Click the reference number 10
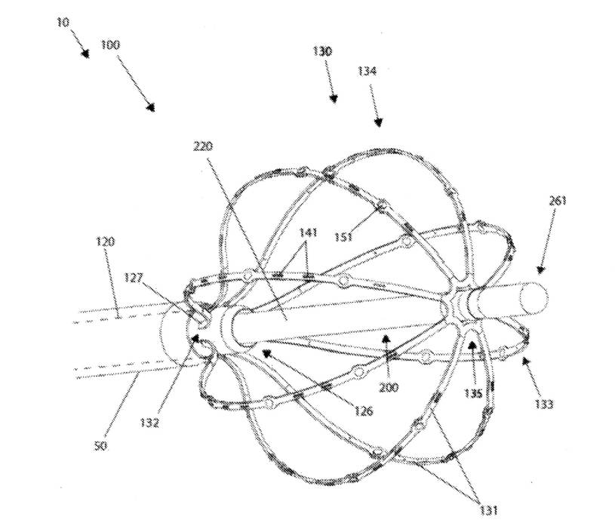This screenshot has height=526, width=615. pos(62,23)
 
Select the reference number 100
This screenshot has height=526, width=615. pos(110,45)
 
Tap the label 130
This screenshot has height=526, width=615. pos(323,51)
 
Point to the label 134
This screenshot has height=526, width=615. pos(368,70)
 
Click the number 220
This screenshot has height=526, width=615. pos(204,147)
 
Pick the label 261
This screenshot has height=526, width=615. pos(558,201)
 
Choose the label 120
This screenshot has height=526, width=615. pos(106,241)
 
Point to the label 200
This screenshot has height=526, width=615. pos(389,388)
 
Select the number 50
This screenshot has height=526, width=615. pos(100,446)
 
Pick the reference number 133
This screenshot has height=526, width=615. pos(543,404)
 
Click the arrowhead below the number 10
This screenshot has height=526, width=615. pos(86,54)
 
